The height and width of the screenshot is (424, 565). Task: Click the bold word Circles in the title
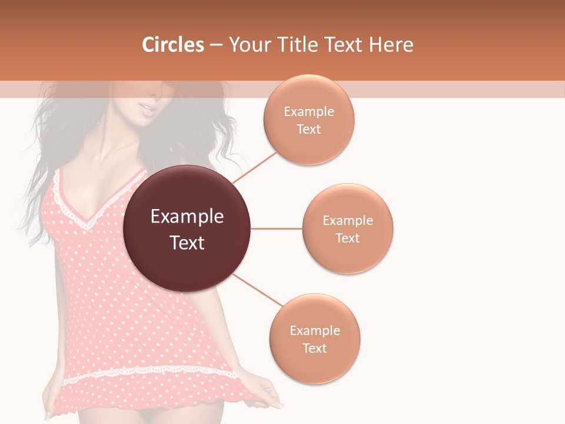pyautogui.click(x=173, y=45)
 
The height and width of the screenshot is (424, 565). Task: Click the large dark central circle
pyautogui.click(x=187, y=228)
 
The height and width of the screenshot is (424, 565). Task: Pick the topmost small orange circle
pyautogui.click(x=309, y=120)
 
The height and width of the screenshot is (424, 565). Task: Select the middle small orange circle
pyautogui.click(x=348, y=228)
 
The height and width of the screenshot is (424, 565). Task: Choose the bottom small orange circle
pyautogui.click(x=315, y=339)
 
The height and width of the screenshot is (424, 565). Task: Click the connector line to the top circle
pyautogui.click(x=254, y=167)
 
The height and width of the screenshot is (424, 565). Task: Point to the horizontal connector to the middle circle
pyautogui.click(x=276, y=228)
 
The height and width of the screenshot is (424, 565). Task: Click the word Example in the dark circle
pyautogui.click(x=187, y=217)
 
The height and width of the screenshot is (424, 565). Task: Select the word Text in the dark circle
pyautogui.click(x=187, y=243)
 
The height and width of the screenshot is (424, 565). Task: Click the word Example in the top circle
pyautogui.click(x=309, y=112)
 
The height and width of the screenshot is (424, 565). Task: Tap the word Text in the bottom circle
pyautogui.click(x=314, y=348)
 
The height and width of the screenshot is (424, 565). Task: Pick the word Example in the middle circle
pyautogui.click(x=348, y=221)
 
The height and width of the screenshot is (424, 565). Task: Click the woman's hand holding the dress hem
pyautogui.click(x=268, y=392)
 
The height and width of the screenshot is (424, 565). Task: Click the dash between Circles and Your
pyautogui.click(x=216, y=45)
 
